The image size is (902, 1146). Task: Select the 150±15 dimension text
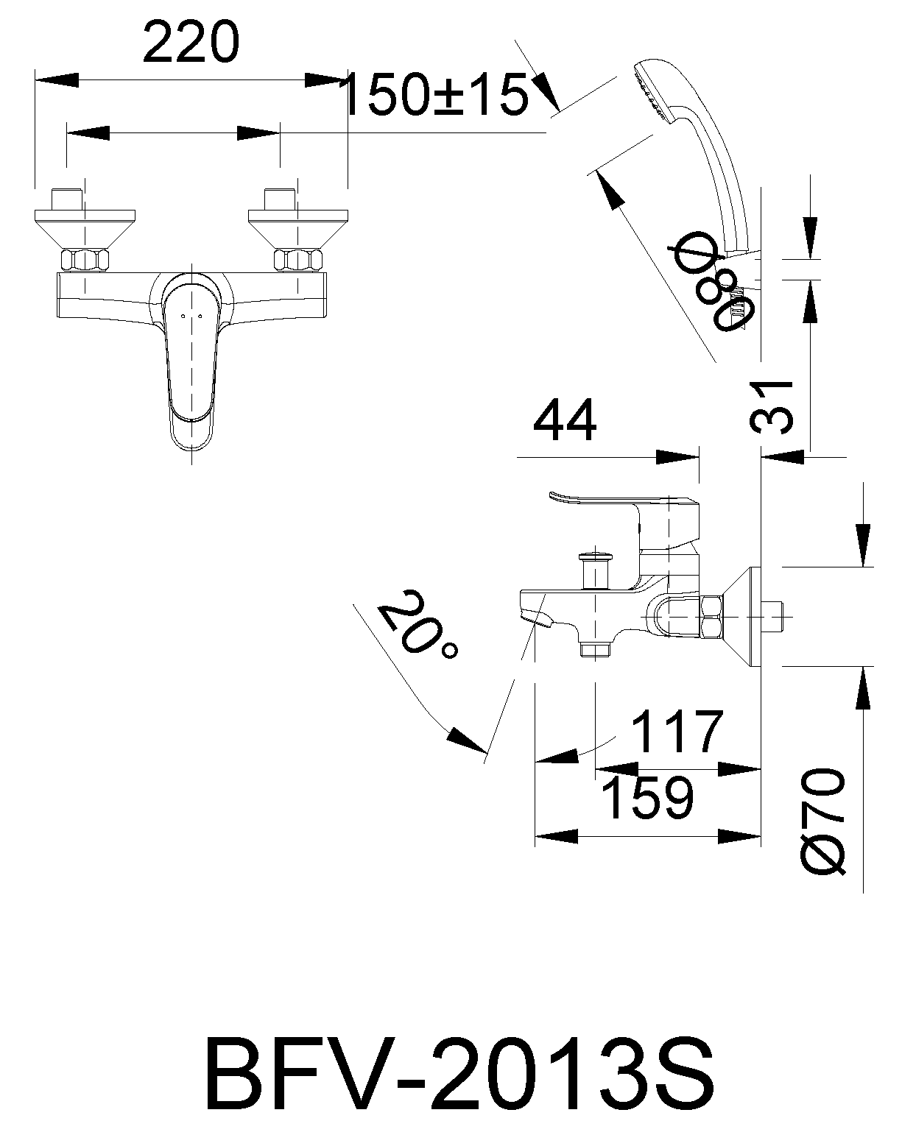[437, 96]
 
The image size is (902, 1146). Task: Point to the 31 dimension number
[772, 406]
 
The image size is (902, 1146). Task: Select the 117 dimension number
[677, 732]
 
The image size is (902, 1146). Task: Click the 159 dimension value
[646, 797]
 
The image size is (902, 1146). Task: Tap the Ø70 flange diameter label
[822, 822]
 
